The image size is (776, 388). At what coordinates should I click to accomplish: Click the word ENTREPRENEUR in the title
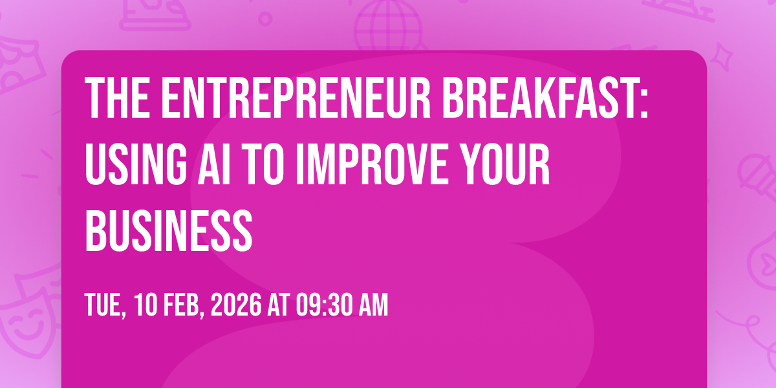click(x=296, y=98)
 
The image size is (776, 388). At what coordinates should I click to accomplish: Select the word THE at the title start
click(x=117, y=98)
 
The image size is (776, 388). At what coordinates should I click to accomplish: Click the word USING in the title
click(x=136, y=164)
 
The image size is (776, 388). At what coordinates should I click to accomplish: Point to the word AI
click(x=215, y=164)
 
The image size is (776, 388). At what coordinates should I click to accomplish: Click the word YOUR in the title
click(x=506, y=164)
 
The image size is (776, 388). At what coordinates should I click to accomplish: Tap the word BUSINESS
click(x=169, y=230)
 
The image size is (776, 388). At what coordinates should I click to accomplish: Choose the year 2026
click(x=236, y=305)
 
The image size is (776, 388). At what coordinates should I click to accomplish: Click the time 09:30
click(x=324, y=305)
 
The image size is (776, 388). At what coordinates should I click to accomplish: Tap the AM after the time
click(x=374, y=305)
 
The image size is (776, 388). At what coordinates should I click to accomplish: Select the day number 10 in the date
click(x=145, y=305)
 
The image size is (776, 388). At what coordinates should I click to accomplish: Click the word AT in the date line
click(x=279, y=305)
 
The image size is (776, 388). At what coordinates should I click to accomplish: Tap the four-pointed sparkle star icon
click(x=721, y=57)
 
